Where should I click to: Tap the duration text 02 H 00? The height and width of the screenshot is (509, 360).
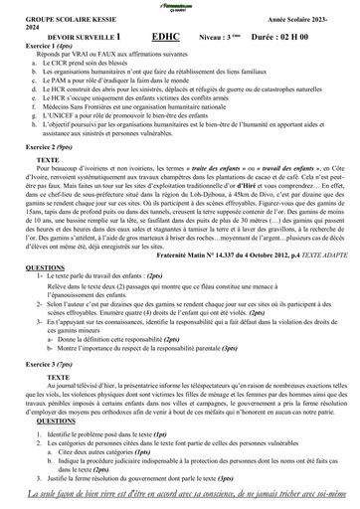tap(321, 34)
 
